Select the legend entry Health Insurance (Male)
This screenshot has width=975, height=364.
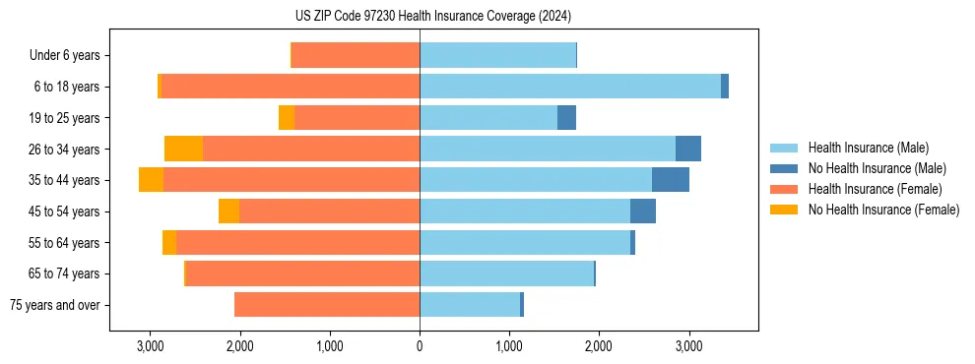[x=868, y=148]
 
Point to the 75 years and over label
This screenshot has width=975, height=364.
[x=54, y=305]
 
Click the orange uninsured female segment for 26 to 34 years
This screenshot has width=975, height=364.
[x=183, y=149]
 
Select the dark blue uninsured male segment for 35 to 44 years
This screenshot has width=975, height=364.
[x=671, y=180]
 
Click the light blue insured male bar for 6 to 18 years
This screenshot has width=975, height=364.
[x=570, y=87]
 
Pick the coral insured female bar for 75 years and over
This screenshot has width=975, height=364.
[x=327, y=305]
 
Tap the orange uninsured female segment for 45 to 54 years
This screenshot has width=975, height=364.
[x=228, y=212]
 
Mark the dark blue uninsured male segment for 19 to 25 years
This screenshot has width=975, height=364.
[x=566, y=118]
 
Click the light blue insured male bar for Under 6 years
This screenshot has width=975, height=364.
[x=497, y=56]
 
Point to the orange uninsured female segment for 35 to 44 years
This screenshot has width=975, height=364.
[x=151, y=180]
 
